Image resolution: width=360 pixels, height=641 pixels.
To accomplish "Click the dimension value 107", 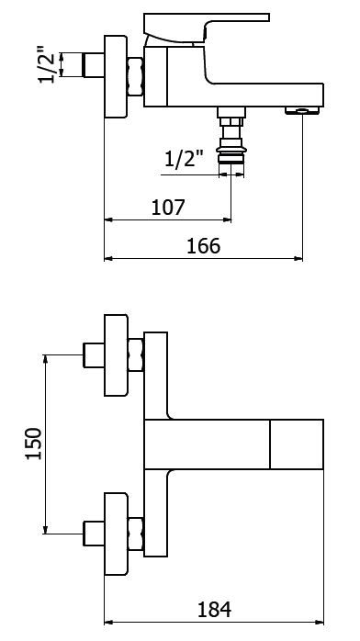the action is [x=168, y=208].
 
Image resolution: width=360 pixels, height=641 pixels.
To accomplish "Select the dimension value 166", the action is [x=203, y=246].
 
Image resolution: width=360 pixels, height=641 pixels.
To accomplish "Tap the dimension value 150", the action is [x=34, y=444].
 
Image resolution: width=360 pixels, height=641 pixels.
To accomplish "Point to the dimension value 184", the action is [x=214, y=610].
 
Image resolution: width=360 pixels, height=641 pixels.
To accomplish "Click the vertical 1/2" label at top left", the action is [x=47, y=65].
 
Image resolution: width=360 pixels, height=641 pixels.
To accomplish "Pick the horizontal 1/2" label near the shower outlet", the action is [x=184, y=159].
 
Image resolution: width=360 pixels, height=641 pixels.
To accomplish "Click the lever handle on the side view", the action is [x=207, y=28].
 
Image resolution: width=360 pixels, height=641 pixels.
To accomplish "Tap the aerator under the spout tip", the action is [x=302, y=110].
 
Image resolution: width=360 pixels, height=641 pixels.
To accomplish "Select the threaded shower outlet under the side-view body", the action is [x=231, y=135].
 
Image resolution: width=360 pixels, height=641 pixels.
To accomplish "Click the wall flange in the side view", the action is [x=116, y=77].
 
